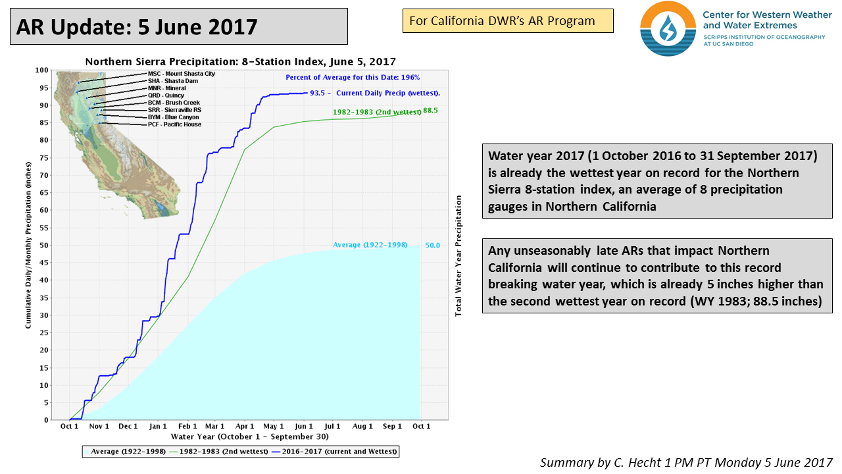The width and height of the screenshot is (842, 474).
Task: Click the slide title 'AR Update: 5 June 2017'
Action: click(137, 27)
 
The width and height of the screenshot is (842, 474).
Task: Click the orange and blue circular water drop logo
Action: click(668, 28)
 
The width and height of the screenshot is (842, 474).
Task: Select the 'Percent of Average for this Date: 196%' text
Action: click(353, 77)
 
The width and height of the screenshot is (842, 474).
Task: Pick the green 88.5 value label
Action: click(430, 111)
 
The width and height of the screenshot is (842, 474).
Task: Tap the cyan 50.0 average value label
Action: click(432, 245)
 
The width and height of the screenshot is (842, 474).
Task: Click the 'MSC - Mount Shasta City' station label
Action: click(182, 74)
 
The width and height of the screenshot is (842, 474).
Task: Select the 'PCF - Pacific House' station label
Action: click(174, 124)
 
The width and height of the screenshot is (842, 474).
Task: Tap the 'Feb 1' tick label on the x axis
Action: click(187, 426)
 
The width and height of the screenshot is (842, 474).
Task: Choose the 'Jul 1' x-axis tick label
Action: click(333, 426)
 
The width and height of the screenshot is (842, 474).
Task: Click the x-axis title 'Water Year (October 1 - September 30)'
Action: click(249, 436)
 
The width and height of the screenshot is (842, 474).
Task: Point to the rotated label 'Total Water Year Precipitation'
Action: click(458, 255)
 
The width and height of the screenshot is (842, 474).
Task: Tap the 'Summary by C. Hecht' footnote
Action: click(686, 462)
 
